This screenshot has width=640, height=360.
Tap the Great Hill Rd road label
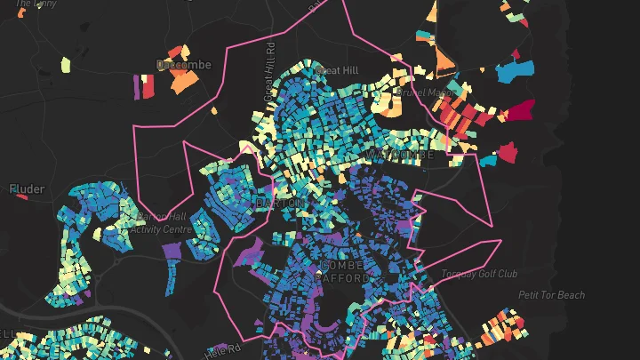268,71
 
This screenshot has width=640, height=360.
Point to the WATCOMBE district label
399,155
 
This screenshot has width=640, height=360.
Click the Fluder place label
27,188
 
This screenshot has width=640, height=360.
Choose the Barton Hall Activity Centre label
161,222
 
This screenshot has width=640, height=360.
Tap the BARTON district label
280,204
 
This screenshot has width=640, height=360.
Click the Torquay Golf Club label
483,274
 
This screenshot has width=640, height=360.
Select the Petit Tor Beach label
551,295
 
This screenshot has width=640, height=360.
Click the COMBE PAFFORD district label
343,271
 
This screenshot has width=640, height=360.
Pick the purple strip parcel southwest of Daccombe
137,85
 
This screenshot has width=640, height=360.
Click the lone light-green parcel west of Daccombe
65,65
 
